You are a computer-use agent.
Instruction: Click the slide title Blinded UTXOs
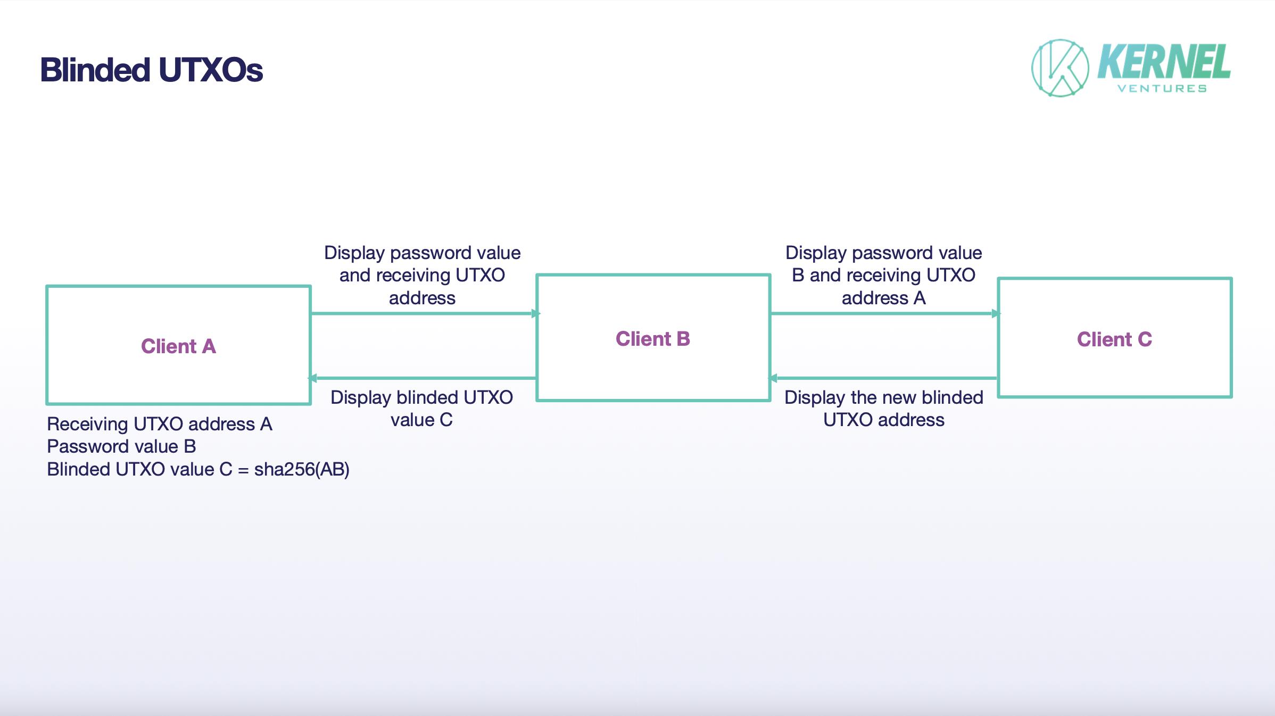pyautogui.click(x=152, y=70)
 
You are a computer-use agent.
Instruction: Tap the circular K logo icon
pyautogui.click(x=1060, y=68)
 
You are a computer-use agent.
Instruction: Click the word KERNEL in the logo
pyautogui.click(x=1164, y=62)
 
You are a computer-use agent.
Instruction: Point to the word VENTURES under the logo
pyautogui.click(x=1162, y=89)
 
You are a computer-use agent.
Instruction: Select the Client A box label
pyautogui.click(x=178, y=346)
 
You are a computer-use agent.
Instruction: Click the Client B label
pyautogui.click(x=652, y=339)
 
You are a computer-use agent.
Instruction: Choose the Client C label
pyautogui.click(x=1114, y=339)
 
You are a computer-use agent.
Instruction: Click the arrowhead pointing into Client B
pyautogui.click(x=535, y=314)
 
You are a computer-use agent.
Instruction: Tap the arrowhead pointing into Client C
pyautogui.click(x=996, y=314)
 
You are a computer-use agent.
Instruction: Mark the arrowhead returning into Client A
pyautogui.click(x=313, y=378)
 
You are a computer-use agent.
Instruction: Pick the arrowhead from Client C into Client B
pyautogui.click(x=773, y=378)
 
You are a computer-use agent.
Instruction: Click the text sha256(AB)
pyautogui.click(x=302, y=470)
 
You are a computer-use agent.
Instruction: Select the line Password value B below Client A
pyautogui.click(x=121, y=446)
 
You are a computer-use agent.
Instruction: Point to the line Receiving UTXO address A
pyautogui.click(x=160, y=424)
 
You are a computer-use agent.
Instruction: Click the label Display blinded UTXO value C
pyautogui.click(x=421, y=409)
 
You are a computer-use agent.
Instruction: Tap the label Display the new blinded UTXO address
pyautogui.click(x=883, y=409)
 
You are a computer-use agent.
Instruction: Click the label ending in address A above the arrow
pyautogui.click(x=883, y=276)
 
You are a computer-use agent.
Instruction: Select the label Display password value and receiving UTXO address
pyautogui.click(x=422, y=276)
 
